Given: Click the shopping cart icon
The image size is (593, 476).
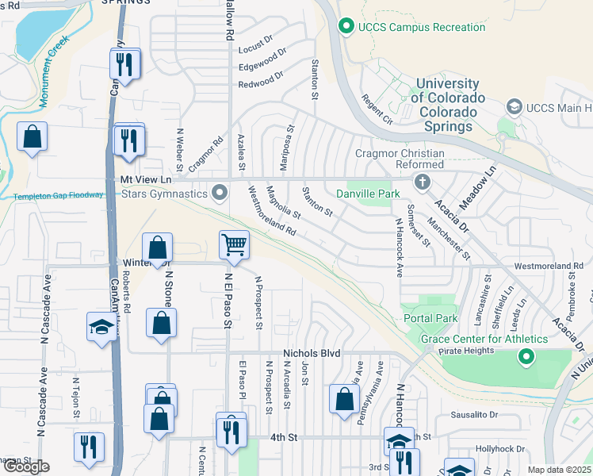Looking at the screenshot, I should coord(235,245).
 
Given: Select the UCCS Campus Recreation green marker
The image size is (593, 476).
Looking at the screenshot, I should coord(346,27).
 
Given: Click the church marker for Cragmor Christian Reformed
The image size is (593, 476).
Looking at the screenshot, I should coord(422,182).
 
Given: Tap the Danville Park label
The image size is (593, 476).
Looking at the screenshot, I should coord(368,193).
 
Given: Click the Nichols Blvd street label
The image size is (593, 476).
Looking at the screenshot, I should coord(312,353).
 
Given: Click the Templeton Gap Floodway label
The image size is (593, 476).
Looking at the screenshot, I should coord(58,196).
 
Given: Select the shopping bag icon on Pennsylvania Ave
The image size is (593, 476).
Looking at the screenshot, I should coord(344,400).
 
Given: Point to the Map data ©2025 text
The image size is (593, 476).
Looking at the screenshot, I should coord(558,470).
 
